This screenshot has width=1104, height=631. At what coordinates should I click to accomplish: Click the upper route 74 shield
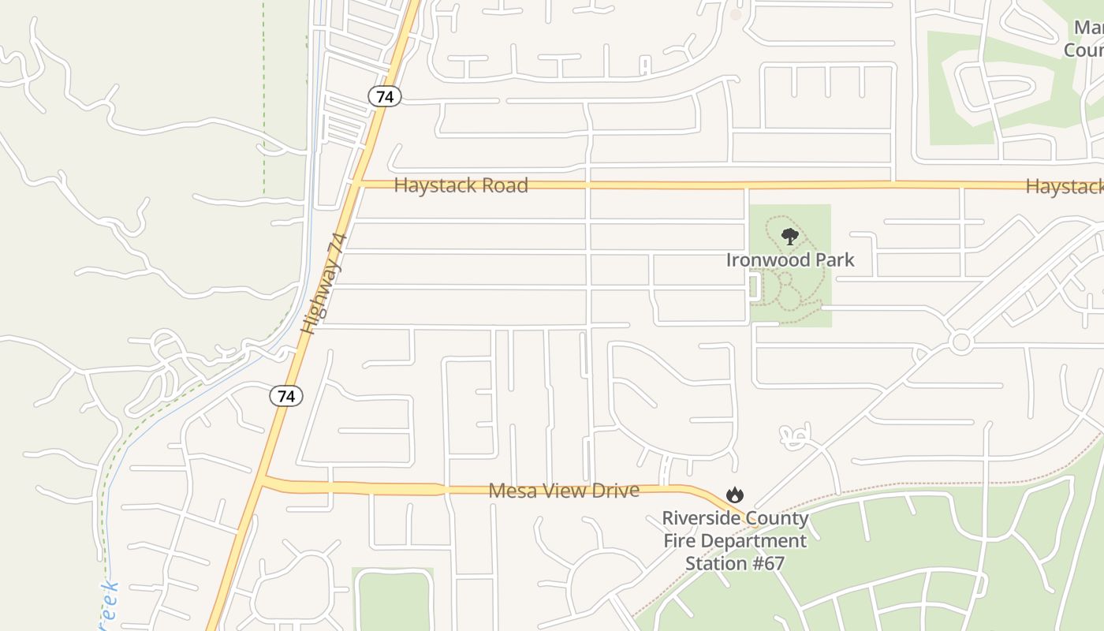tap(385, 96)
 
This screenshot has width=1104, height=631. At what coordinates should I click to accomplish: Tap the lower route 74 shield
tap(285, 396)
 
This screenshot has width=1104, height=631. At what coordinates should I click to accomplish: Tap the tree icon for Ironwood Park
tap(789, 236)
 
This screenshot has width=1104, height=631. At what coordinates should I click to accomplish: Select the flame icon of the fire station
tap(735, 495)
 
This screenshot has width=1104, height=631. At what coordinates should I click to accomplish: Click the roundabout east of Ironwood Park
tap(960, 342)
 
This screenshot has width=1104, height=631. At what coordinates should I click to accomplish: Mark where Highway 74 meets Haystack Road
tap(357, 184)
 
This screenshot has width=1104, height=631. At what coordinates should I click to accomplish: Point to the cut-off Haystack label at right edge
tap(1065, 187)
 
